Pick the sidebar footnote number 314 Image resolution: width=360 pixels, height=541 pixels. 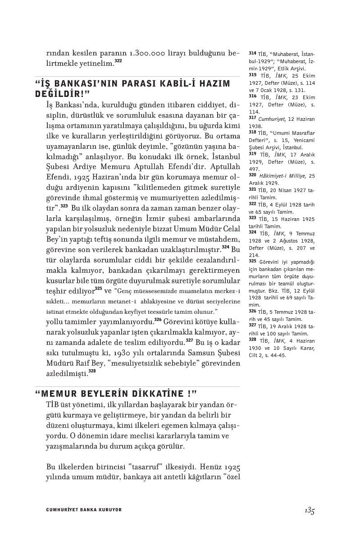tap(252, 53)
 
